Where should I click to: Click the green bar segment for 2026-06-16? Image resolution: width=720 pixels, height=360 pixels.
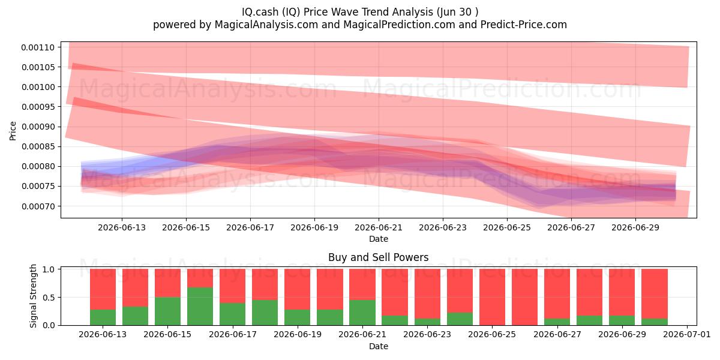click(200, 306)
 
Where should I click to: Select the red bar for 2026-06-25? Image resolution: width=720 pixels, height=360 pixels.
click(492, 297)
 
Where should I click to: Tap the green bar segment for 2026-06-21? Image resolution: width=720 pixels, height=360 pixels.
click(362, 313)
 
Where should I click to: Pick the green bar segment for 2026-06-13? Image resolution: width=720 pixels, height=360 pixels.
click(103, 317)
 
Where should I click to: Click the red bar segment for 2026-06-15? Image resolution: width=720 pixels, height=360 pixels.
click(167, 283)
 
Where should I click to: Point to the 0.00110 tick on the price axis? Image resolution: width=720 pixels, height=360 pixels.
click(38, 47)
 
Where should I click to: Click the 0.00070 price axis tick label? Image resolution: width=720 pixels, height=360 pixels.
click(38, 206)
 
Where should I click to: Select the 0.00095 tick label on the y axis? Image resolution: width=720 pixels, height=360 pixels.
click(38, 107)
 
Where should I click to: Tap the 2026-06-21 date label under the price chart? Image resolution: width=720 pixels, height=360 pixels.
click(379, 227)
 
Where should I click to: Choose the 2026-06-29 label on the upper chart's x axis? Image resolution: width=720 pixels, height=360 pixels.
click(635, 227)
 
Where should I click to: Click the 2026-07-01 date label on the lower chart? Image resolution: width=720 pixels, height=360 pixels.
click(687, 335)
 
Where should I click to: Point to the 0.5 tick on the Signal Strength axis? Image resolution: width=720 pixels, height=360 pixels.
click(48, 298)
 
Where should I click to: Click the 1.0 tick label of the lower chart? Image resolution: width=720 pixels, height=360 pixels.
click(48, 269)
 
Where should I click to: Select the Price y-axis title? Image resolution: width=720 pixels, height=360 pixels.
click(13, 131)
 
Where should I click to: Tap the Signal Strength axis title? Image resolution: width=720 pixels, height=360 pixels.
click(33, 296)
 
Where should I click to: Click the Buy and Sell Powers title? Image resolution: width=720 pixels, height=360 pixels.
click(379, 257)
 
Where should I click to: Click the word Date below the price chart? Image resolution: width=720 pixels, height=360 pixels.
click(379, 239)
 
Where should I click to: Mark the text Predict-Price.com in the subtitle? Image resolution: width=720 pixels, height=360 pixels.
click(524, 25)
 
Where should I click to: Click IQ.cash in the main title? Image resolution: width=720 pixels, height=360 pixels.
click(260, 12)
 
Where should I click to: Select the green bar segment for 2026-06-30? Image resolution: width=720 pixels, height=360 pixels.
click(655, 322)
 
